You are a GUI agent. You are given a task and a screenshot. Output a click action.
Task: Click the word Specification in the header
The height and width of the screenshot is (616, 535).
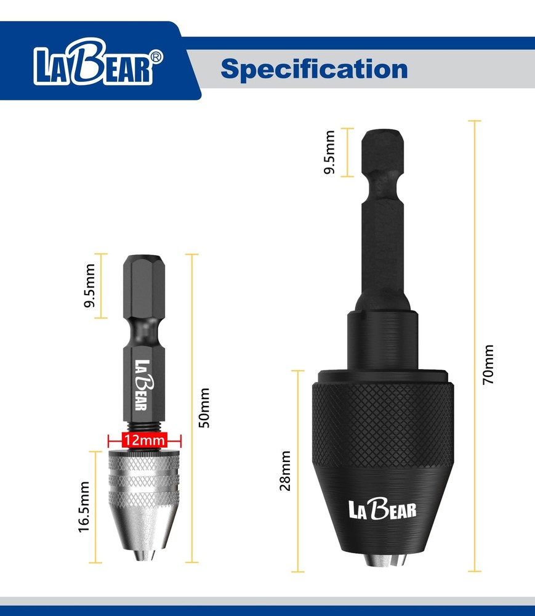point(314,68)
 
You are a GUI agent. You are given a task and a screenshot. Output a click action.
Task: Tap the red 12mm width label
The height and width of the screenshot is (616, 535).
point(144,440)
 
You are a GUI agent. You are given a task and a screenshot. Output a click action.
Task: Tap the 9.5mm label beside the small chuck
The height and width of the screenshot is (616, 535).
point(90,286)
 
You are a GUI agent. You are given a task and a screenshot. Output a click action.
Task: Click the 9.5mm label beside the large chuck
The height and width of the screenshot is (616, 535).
point(330,152)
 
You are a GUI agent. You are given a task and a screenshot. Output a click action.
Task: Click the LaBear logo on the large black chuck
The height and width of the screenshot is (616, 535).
point(382,509)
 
